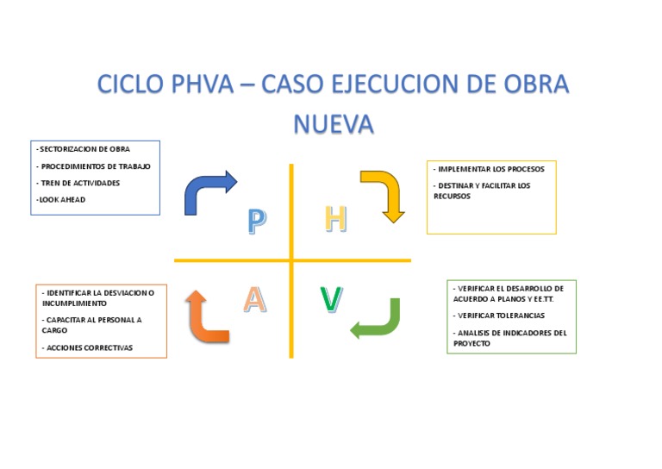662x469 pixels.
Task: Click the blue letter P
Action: (x=256, y=221)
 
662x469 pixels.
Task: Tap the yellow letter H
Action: (x=335, y=219)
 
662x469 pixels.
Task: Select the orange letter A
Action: (x=254, y=298)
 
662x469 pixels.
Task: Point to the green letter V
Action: (x=331, y=299)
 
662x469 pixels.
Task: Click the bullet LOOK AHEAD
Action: (x=61, y=199)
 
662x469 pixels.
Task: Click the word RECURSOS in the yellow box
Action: (x=451, y=196)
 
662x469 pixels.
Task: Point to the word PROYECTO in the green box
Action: (x=472, y=343)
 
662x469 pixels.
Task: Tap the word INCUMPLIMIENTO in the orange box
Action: (x=74, y=303)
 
